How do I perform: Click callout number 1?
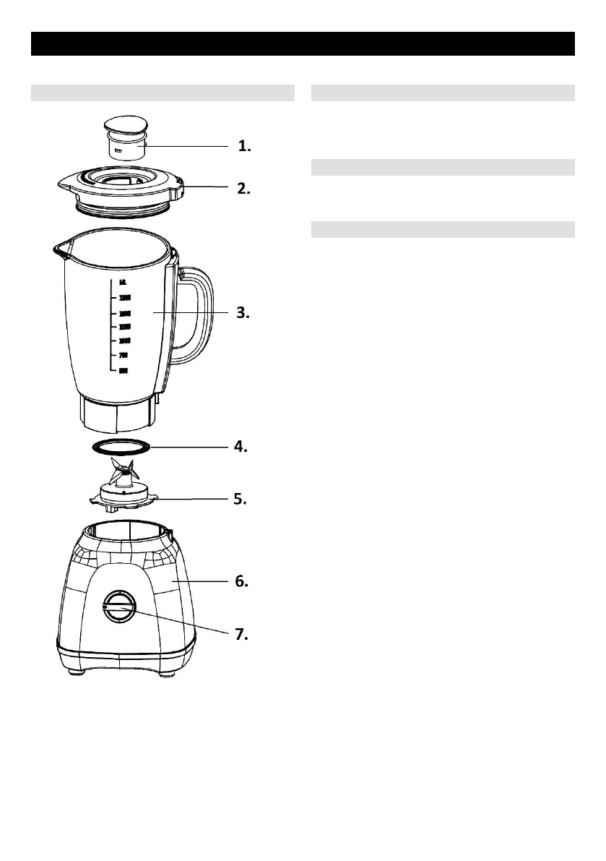pos(245,146)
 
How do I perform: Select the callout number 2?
pos(244,189)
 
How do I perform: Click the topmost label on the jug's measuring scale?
pos(124,283)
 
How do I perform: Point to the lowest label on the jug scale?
pos(123,371)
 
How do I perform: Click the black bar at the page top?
pos(303,43)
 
